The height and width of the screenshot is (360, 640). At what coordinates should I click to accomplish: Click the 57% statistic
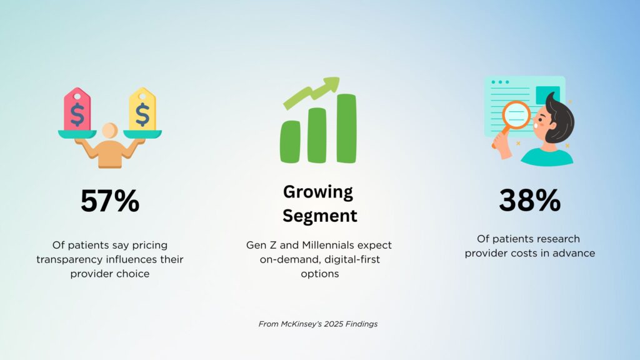pyautogui.click(x=110, y=201)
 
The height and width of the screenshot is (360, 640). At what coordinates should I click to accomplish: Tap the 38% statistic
pyautogui.click(x=530, y=200)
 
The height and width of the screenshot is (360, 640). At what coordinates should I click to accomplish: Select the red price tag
pyautogui.click(x=77, y=109)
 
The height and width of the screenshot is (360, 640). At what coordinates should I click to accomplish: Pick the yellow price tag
pyautogui.click(x=142, y=109)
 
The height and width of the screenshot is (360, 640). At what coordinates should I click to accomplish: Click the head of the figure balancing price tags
pyautogui.click(x=110, y=131)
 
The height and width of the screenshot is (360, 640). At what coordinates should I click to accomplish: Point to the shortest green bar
pyautogui.click(x=290, y=142)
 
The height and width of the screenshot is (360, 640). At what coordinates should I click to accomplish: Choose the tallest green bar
pyautogui.click(x=346, y=128)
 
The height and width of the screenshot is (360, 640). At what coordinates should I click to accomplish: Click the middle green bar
pyautogui.click(x=317, y=135)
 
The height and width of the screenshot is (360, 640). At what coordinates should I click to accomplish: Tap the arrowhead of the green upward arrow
pyautogui.click(x=331, y=84)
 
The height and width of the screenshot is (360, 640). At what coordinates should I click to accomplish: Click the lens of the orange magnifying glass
pyautogui.click(x=516, y=115)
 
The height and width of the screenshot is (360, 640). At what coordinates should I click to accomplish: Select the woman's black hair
pyautogui.click(x=560, y=118)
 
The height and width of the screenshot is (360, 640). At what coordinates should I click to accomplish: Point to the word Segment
pyautogui.click(x=320, y=216)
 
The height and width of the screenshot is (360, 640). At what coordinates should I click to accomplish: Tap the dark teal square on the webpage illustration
pyautogui.click(x=547, y=95)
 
